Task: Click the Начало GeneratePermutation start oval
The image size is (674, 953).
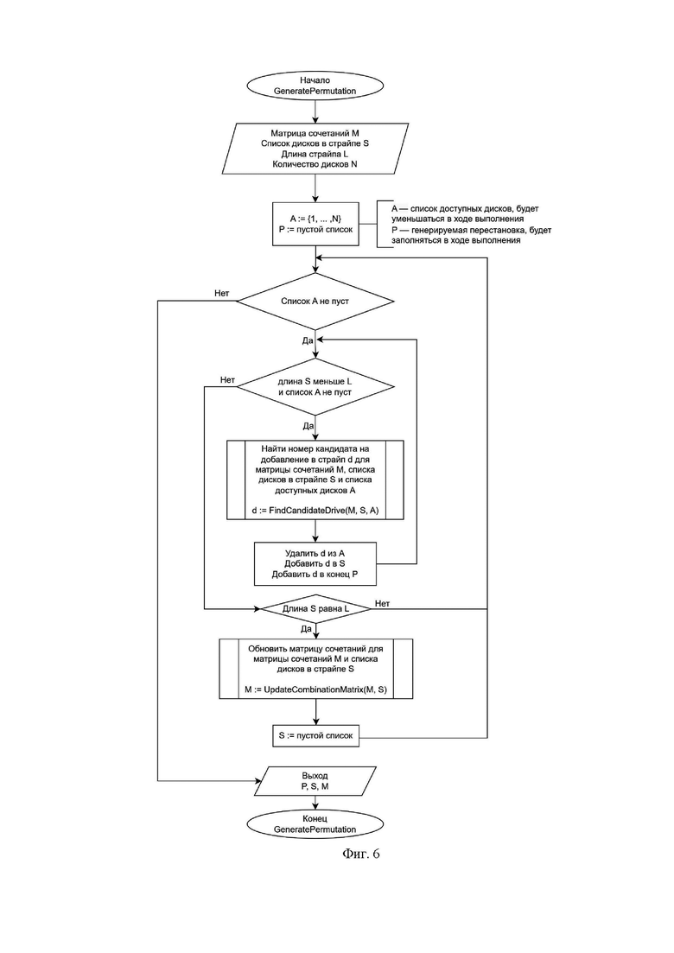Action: (315, 86)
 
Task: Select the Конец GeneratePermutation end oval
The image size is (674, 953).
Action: (315, 824)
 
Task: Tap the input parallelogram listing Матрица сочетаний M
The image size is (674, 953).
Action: (315, 149)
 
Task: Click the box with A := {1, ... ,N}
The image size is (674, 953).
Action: (315, 224)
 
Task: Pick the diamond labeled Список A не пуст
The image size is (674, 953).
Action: (315, 301)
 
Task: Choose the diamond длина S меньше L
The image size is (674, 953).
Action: (315, 386)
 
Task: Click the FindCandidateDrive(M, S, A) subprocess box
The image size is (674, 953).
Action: (315, 480)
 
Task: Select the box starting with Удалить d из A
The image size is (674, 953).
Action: (315, 563)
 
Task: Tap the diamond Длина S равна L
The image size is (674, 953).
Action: (315, 608)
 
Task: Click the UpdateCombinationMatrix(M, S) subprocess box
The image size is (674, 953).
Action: (315, 669)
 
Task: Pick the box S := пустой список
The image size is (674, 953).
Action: (315, 735)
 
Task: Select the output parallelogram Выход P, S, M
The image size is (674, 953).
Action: (315, 781)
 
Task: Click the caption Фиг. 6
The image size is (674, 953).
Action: (361, 854)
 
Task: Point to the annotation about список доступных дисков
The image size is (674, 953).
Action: (465, 225)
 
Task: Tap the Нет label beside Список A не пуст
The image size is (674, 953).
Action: (222, 294)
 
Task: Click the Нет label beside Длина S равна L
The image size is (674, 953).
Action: (382, 604)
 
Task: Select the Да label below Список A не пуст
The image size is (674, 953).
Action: (308, 341)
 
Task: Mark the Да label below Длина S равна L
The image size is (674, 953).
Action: (306, 629)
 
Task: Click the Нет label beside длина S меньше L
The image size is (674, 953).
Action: (227, 380)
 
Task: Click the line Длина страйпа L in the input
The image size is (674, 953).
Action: (315, 154)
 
